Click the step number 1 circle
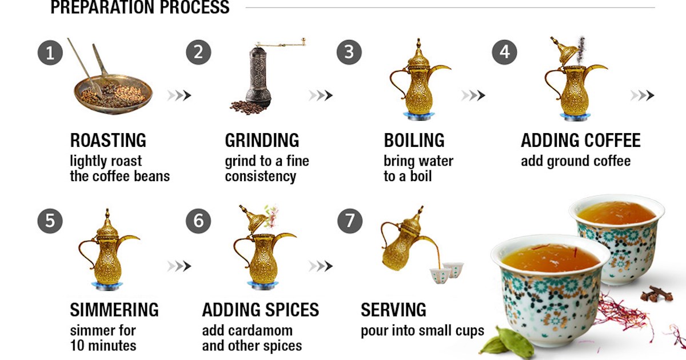coord(50,53)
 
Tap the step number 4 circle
coord(504,53)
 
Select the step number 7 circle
coord(349,221)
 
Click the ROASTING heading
coord(108,140)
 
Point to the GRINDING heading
coord(262,140)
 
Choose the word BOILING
coord(414,140)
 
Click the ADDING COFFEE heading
coord(580,140)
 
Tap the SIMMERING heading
coord(114,310)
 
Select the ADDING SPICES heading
coord(260,310)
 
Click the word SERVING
coord(393,310)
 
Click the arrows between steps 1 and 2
coord(179,95)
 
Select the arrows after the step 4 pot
coord(643,95)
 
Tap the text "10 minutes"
coord(103,346)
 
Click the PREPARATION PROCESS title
coord(140,7)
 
